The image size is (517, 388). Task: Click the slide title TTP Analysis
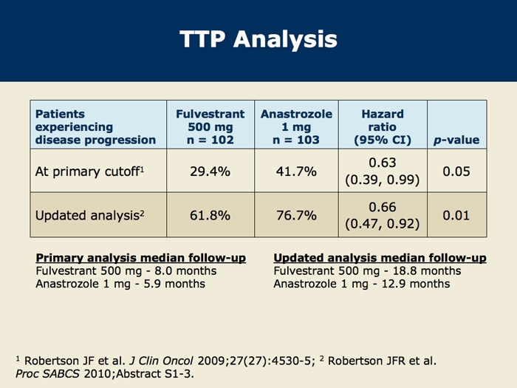coord(258,40)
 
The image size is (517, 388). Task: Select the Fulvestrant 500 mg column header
coord(210,126)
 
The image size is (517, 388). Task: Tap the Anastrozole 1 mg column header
coord(296,126)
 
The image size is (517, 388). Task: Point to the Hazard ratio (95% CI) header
coord(382,126)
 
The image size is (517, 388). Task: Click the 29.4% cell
coord(210,171)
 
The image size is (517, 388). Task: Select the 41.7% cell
coord(297,171)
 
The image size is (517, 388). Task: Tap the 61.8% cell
coord(210,215)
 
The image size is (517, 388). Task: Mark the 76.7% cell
coord(297,215)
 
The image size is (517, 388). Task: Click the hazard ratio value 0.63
coord(383,163)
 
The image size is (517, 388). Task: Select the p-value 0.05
coord(456,171)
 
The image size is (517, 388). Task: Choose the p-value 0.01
coord(456,215)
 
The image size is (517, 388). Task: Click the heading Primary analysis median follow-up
coord(140,258)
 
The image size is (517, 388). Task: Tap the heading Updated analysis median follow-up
coord(380,258)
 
